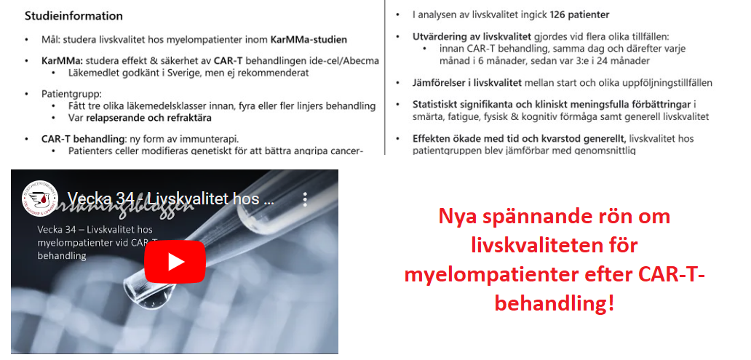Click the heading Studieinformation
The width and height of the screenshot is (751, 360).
[x=73, y=16]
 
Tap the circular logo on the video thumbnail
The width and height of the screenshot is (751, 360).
[x=40, y=198]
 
